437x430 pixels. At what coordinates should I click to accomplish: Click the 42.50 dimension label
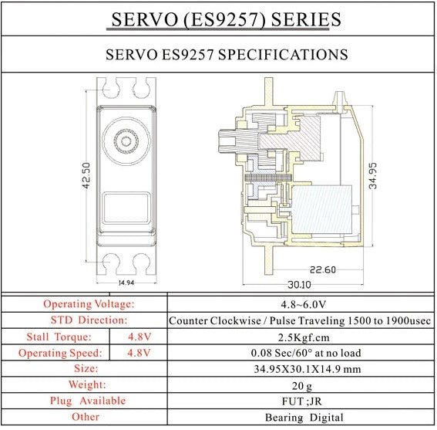pyautogui.click(x=86, y=176)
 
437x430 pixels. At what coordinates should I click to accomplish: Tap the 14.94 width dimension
pyautogui.click(x=126, y=283)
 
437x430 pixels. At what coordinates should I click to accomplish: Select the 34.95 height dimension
pyautogui.click(x=372, y=176)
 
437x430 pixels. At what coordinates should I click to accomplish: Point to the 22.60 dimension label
pyautogui.click(x=323, y=269)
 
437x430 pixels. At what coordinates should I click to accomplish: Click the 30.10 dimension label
pyautogui.click(x=299, y=285)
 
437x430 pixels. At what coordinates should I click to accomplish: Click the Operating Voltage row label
pyautogui.click(x=89, y=304)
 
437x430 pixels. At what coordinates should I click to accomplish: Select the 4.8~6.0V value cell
pyautogui.click(x=303, y=304)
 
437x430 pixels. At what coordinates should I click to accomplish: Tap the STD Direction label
pyautogui.click(x=89, y=320)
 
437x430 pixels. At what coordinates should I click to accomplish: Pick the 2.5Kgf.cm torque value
pyautogui.click(x=304, y=337)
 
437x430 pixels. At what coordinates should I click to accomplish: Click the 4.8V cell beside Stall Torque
pyautogui.click(x=140, y=337)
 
